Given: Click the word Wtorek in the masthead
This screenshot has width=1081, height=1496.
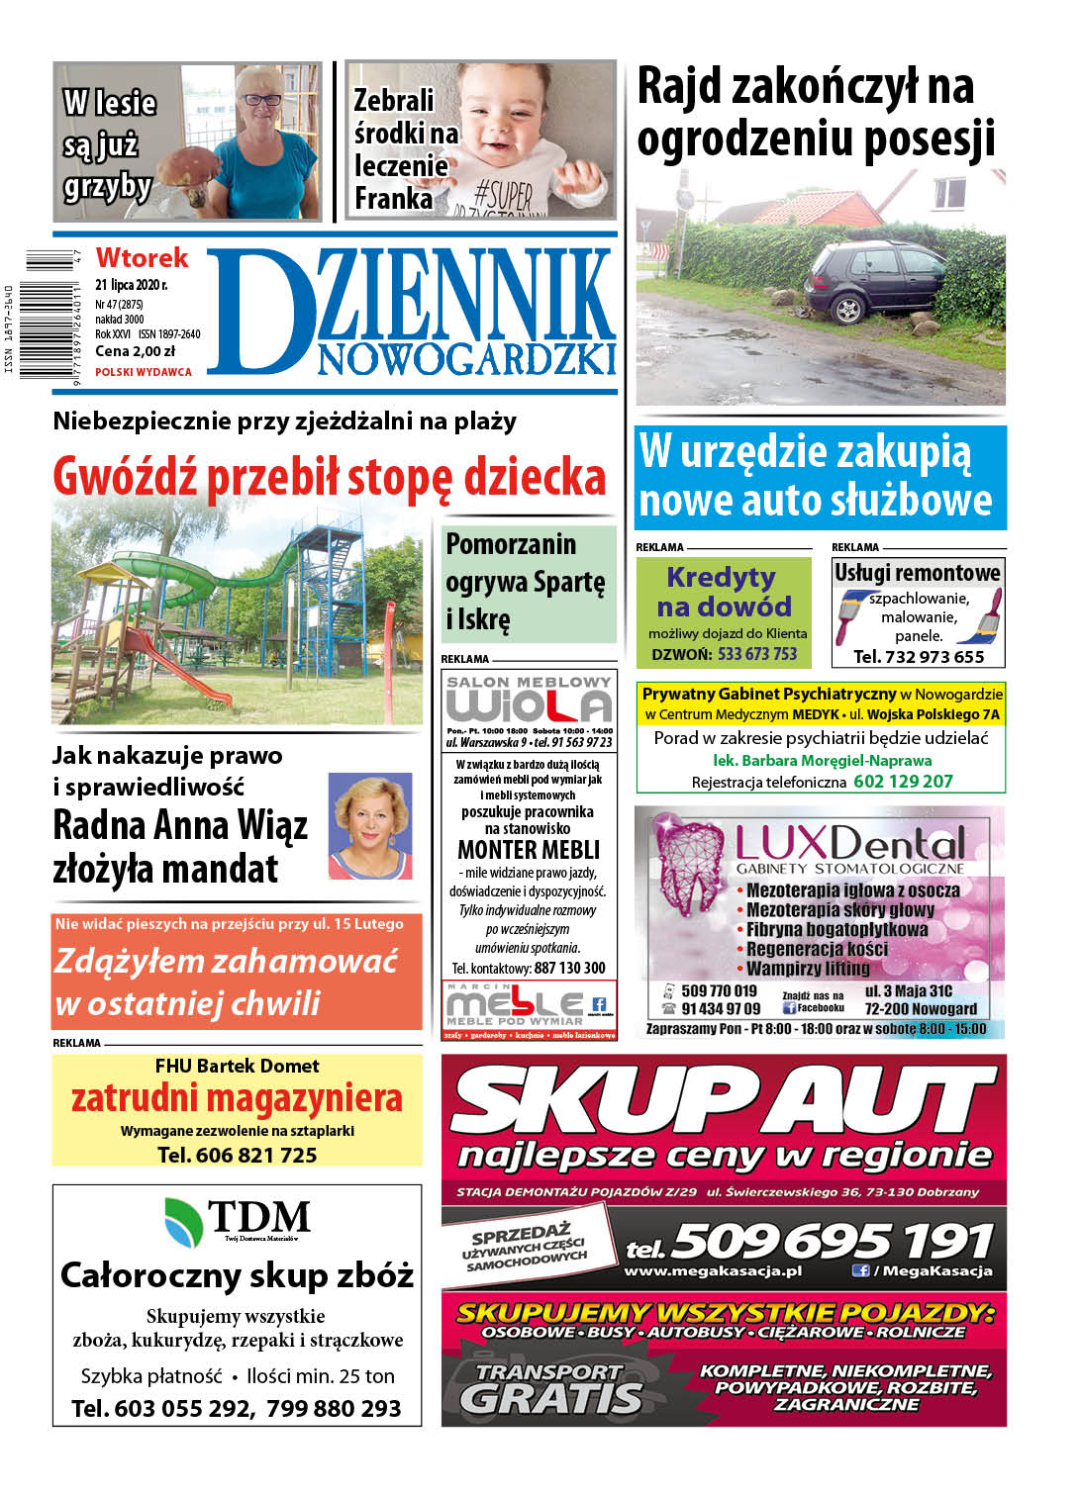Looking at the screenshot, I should point(142,258).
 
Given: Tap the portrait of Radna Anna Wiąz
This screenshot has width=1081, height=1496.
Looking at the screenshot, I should point(369,826).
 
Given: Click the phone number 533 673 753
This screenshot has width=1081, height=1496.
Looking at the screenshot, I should point(757,654).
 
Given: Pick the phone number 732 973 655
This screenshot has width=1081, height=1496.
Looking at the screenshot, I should point(934,656).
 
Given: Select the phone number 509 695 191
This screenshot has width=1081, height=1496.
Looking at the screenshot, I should point(832,1240).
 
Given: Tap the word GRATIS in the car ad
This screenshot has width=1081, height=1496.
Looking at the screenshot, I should point(552,1398).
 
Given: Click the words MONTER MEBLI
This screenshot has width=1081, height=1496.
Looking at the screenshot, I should point(529,850).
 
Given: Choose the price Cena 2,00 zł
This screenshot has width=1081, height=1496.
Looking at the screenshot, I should point(135,351).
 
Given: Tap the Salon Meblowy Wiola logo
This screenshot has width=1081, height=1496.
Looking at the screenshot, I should point(529,701).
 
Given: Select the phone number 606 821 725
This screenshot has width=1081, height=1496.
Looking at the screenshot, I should point(256,1155).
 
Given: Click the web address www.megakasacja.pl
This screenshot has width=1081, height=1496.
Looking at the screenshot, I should point(713,1271).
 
